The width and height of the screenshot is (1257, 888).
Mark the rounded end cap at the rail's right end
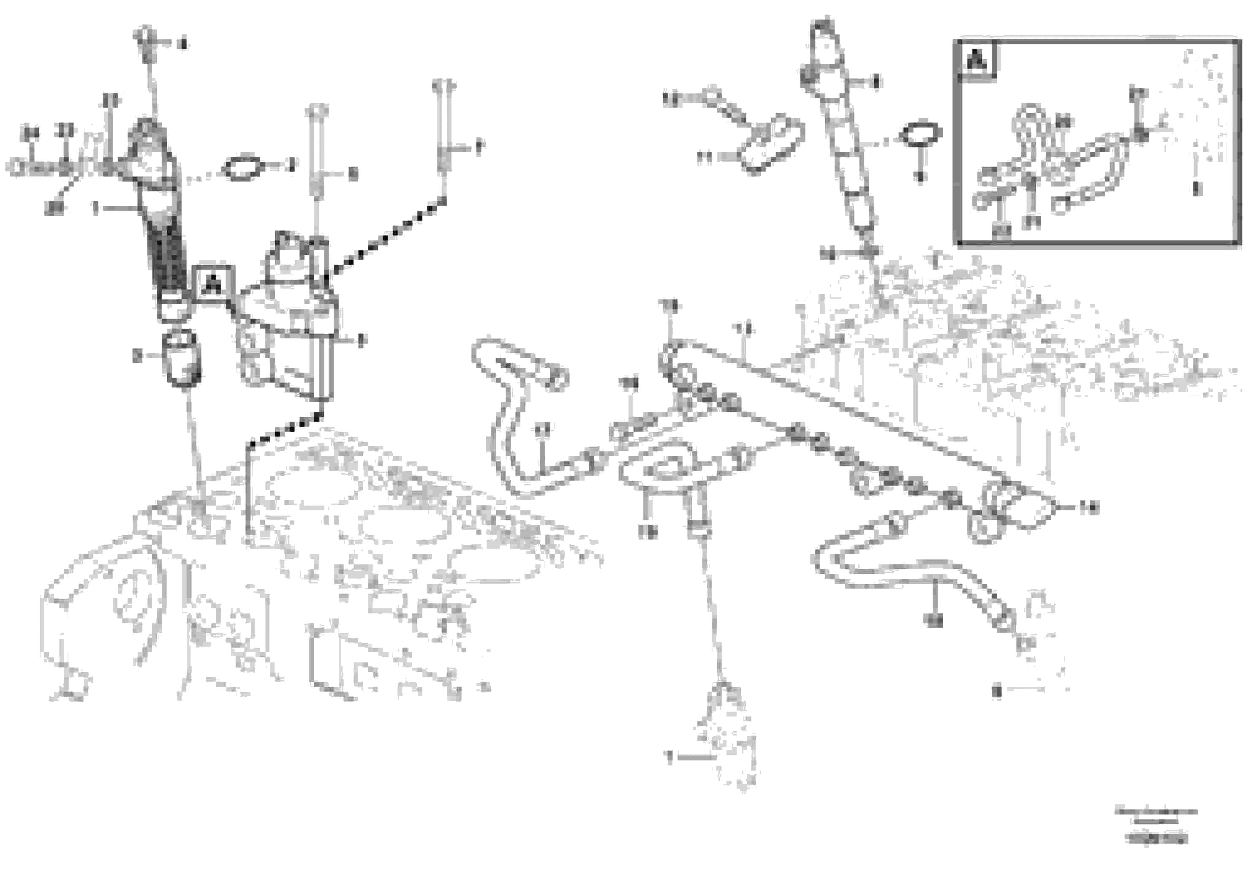point(1029,509)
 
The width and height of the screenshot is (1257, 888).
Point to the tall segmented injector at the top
point(841,126)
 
